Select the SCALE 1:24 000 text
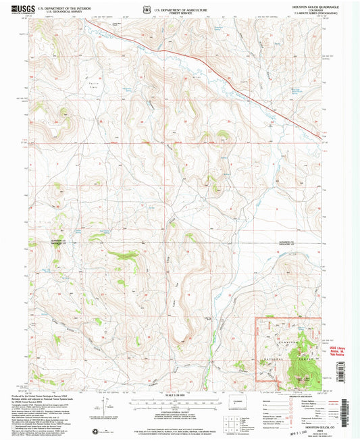point(179,396)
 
